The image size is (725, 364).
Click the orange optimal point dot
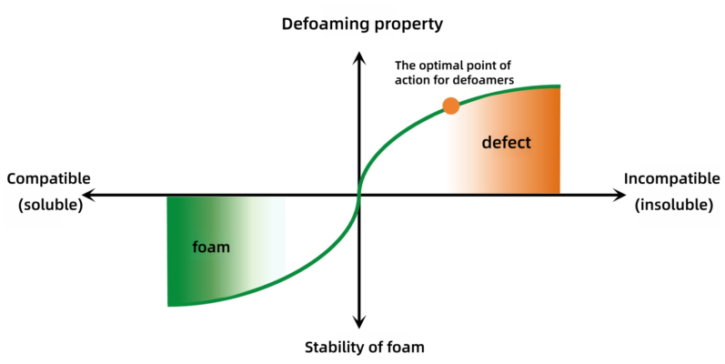click(451, 106)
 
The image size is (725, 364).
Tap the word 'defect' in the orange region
click(507, 143)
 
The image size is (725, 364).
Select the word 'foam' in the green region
click(211, 247)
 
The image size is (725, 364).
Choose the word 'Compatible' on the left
click(48, 178)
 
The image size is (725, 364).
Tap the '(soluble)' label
click(50, 205)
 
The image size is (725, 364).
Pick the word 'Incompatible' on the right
click(672, 178)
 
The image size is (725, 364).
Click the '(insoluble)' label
click(673, 205)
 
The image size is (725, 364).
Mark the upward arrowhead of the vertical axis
click(359, 57)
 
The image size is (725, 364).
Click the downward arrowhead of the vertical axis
click(359, 322)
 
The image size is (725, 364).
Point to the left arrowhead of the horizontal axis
click(89, 195)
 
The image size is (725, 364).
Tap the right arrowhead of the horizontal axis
click(619, 195)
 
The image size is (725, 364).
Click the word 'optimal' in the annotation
click(438, 66)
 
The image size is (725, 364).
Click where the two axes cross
click(359, 195)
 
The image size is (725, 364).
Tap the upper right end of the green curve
click(559, 86)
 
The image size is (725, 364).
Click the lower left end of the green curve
click(169, 305)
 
